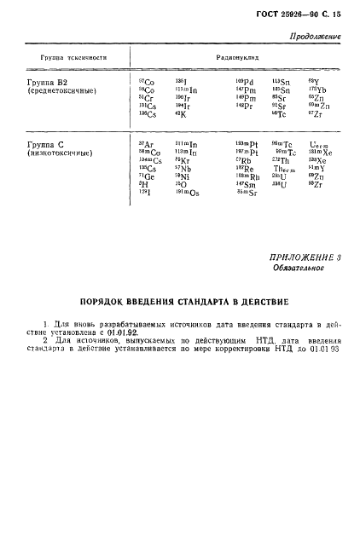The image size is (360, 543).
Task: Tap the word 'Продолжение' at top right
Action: click(x=316, y=37)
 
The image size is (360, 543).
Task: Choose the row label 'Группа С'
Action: click(x=44, y=145)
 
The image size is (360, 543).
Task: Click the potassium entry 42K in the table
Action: click(x=180, y=113)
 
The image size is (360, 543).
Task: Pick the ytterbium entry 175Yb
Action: click(x=316, y=90)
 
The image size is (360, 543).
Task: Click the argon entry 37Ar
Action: click(x=145, y=145)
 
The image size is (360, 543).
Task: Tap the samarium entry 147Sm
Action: click(x=245, y=185)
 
